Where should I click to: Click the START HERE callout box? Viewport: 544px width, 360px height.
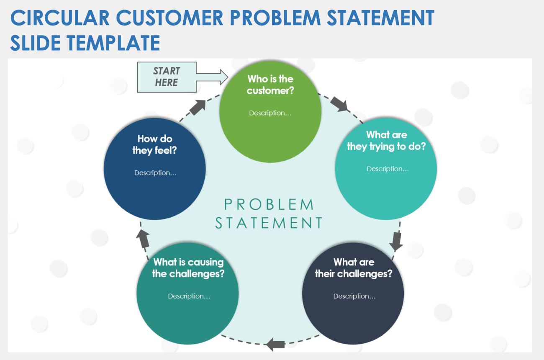point(167,77)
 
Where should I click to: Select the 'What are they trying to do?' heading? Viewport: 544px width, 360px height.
point(386,141)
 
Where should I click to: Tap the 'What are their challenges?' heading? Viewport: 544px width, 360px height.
point(354,268)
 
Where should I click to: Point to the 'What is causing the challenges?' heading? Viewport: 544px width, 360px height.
point(188,268)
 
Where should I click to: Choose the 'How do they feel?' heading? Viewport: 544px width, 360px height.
point(154,144)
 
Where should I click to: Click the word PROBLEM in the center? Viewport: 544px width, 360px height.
point(269,204)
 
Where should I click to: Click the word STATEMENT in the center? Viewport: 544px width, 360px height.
point(269,223)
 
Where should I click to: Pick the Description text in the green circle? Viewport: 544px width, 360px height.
point(270,113)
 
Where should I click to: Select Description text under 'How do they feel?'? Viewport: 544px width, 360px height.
point(155,173)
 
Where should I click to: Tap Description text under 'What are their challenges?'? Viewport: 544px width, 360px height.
point(354,296)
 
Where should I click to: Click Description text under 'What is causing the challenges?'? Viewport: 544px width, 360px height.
point(189,296)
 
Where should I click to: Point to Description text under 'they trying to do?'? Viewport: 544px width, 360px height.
point(387,169)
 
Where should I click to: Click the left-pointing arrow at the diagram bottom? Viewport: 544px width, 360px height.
point(275,344)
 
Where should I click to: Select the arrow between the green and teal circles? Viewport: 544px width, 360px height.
point(339,104)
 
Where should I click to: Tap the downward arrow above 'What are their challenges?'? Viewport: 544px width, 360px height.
point(396,241)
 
